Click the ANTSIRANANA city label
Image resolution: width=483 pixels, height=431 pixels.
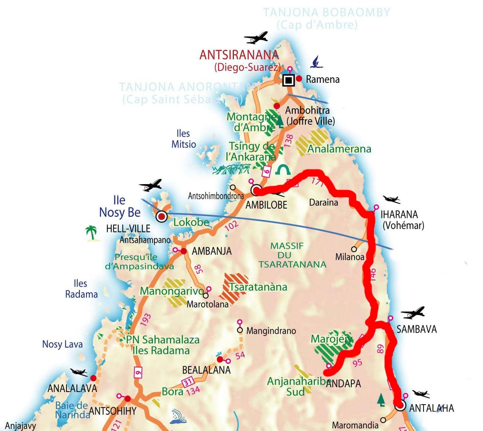(239, 55)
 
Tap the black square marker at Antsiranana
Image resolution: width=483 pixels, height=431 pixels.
(288, 80)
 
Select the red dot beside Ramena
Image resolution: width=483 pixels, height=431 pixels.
(299, 79)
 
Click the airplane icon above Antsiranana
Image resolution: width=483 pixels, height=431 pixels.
(256, 37)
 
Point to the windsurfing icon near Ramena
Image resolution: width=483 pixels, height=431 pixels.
(316, 62)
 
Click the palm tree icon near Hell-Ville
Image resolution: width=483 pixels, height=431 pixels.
(91, 233)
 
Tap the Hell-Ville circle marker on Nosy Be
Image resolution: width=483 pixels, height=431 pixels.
(161, 216)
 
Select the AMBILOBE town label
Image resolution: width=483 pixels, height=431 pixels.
(266, 205)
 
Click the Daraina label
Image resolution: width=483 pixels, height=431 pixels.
(323, 202)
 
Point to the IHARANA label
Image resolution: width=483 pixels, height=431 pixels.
(399, 215)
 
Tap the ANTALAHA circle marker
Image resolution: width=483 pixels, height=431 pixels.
(400, 405)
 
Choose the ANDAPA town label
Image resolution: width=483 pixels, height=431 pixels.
(343, 383)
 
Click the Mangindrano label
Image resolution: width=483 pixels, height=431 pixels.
(271, 331)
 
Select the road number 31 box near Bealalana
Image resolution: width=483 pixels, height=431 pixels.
(188, 382)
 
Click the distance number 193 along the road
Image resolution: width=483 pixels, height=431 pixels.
(146, 319)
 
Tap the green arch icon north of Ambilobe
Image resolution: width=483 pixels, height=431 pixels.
(283, 170)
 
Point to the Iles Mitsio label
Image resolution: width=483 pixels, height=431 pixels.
(183, 139)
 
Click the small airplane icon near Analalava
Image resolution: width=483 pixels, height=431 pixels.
(79, 372)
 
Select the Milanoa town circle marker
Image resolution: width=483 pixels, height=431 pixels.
(354, 249)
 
